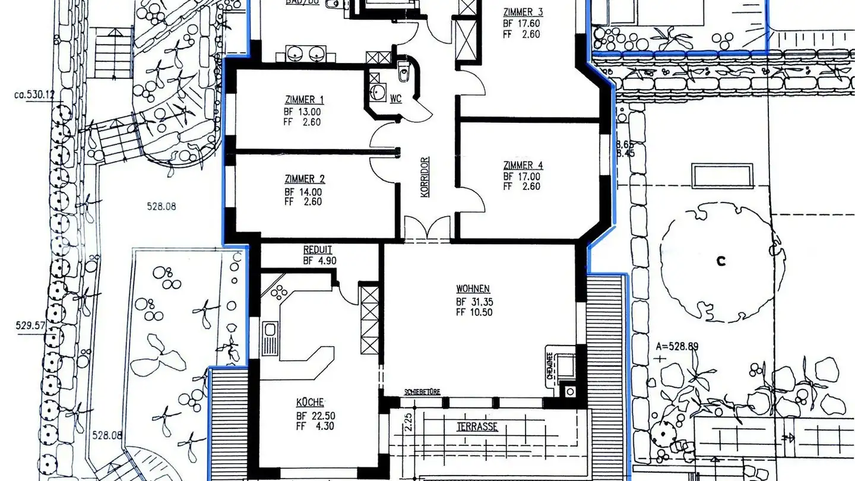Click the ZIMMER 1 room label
click(305, 100)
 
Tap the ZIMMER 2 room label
click(305, 179)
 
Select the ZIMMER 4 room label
click(522, 165)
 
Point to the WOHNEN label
click(473, 289)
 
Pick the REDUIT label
click(318, 250)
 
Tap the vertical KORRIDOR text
click(425, 176)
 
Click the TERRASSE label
click(477, 426)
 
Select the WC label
click(396, 99)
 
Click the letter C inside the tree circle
click(721, 261)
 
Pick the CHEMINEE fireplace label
click(550, 364)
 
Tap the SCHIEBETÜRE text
click(422, 392)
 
